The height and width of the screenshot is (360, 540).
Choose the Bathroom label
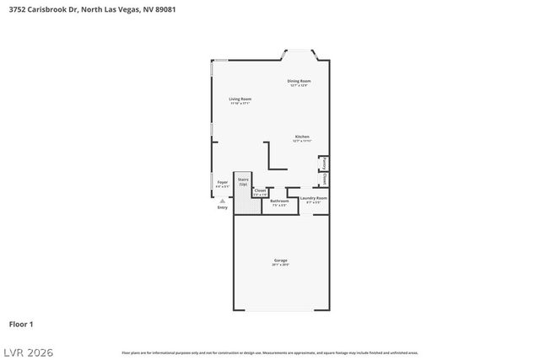tap(279, 201)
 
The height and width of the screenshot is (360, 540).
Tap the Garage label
tap(280, 261)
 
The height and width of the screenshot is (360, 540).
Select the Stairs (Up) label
tap(243, 180)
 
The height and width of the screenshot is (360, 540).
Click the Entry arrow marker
tap(222, 201)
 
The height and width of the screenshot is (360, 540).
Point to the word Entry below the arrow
tap(222, 207)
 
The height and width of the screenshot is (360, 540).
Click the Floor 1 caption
tap(21, 323)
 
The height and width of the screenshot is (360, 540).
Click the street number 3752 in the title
tap(16, 8)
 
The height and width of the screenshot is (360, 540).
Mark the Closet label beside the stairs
tap(260, 192)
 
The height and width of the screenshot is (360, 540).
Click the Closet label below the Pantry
tap(324, 179)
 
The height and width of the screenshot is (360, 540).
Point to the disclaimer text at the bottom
tap(269, 352)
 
